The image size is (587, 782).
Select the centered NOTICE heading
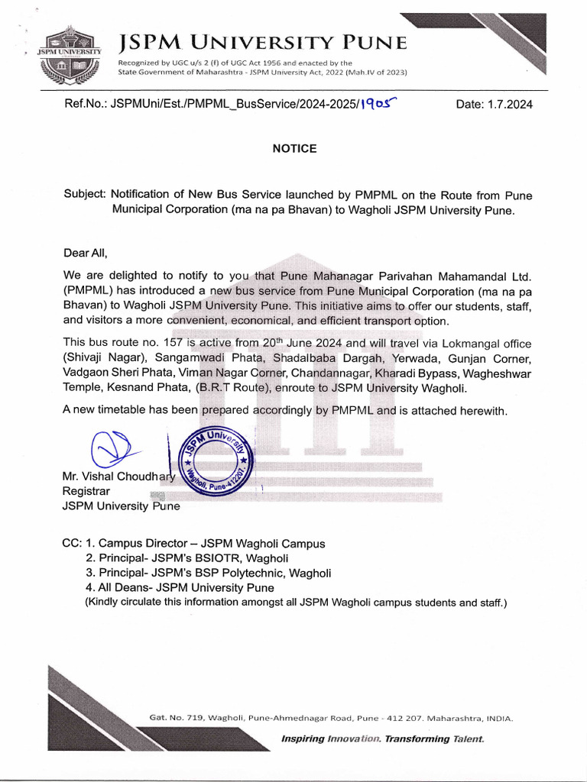[294, 149]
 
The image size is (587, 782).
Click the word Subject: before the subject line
[85, 195]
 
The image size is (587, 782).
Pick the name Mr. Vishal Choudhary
[118, 477]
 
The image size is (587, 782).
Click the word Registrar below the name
[86, 491]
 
